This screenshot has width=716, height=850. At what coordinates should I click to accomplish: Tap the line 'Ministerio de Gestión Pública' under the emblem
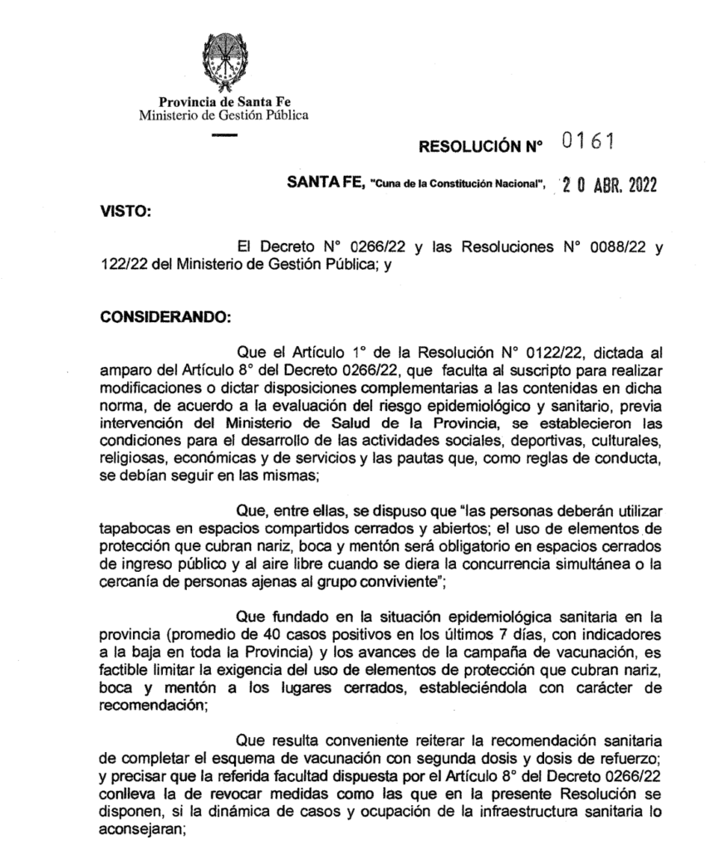(224, 115)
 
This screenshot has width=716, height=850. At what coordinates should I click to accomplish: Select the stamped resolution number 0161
(587, 143)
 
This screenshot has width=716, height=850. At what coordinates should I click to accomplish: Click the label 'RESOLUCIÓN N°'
(480, 147)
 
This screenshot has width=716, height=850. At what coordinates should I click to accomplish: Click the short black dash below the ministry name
(224, 134)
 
